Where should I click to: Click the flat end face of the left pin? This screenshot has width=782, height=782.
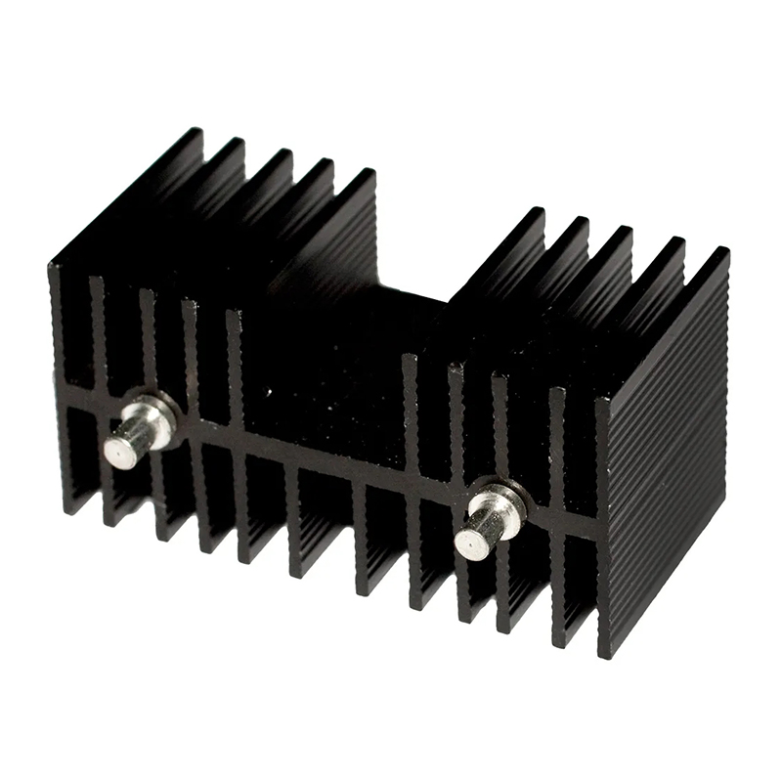[120, 451]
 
